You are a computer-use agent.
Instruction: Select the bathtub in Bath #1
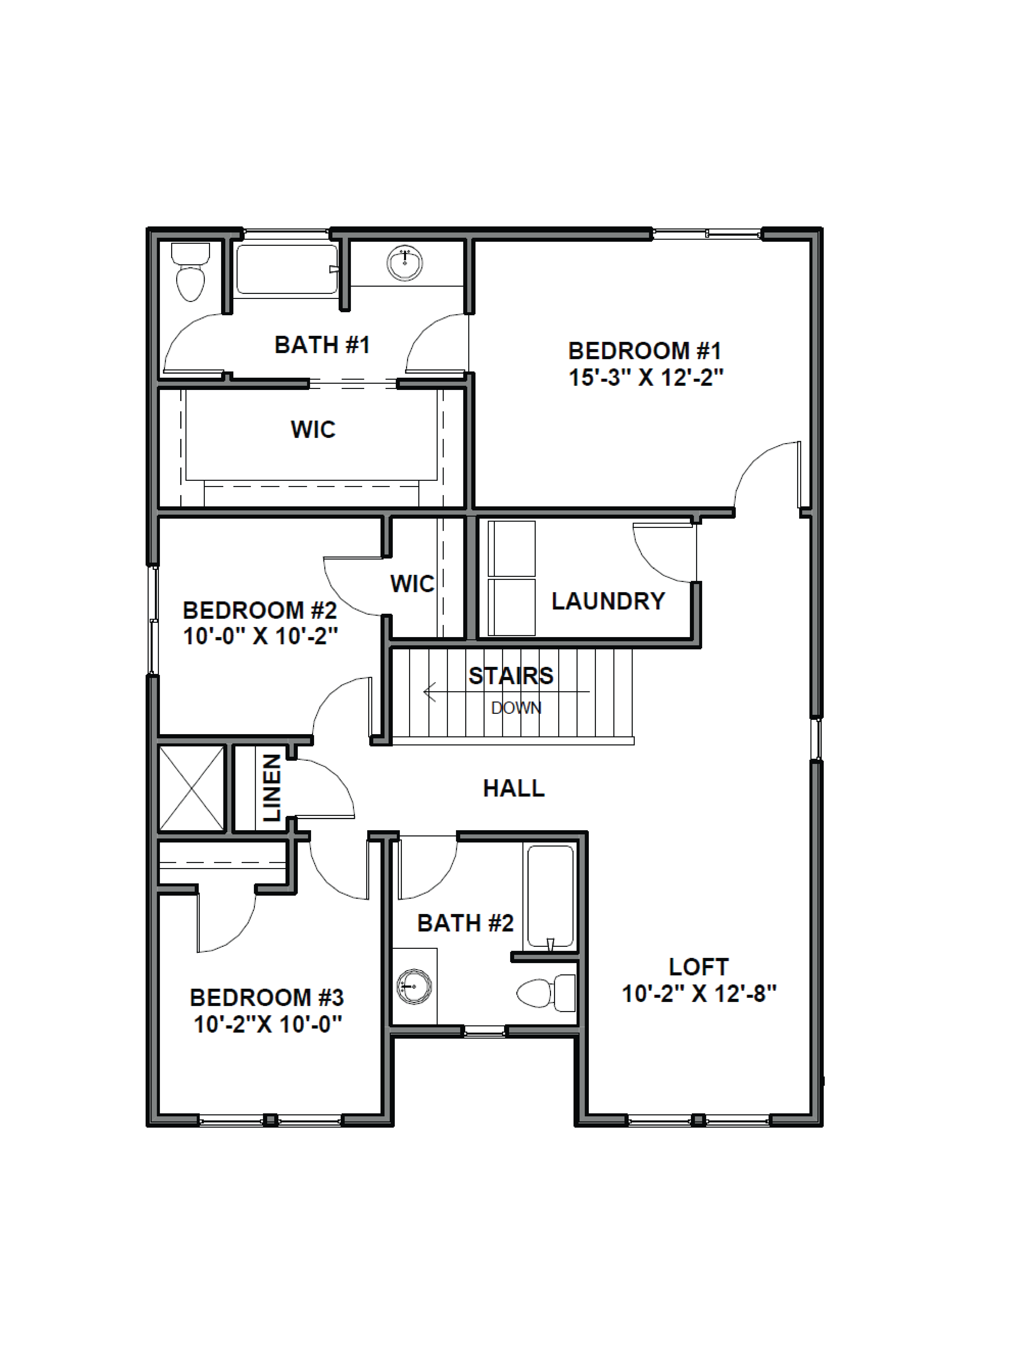click(286, 269)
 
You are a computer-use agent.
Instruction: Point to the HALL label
click(513, 789)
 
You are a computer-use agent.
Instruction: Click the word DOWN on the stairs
click(516, 708)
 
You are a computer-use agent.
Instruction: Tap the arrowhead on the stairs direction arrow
click(429, 692)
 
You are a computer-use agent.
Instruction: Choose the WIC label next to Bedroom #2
click(412, 584)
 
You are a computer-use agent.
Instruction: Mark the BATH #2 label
click(465, 923)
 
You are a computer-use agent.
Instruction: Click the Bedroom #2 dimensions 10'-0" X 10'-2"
click(260, 636)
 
